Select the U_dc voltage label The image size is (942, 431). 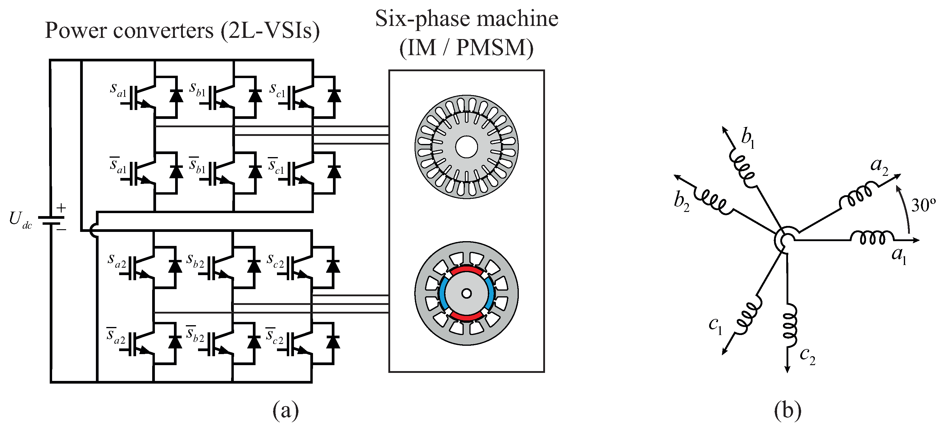pos(21,220)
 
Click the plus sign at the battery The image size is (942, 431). pos(61,208)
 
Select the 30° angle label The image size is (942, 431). pos(923,206)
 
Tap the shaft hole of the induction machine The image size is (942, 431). pos(466,147)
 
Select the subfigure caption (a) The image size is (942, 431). pos(286,411)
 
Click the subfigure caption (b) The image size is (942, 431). pos(787,411)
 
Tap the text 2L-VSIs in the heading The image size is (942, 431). pos(270,31)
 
